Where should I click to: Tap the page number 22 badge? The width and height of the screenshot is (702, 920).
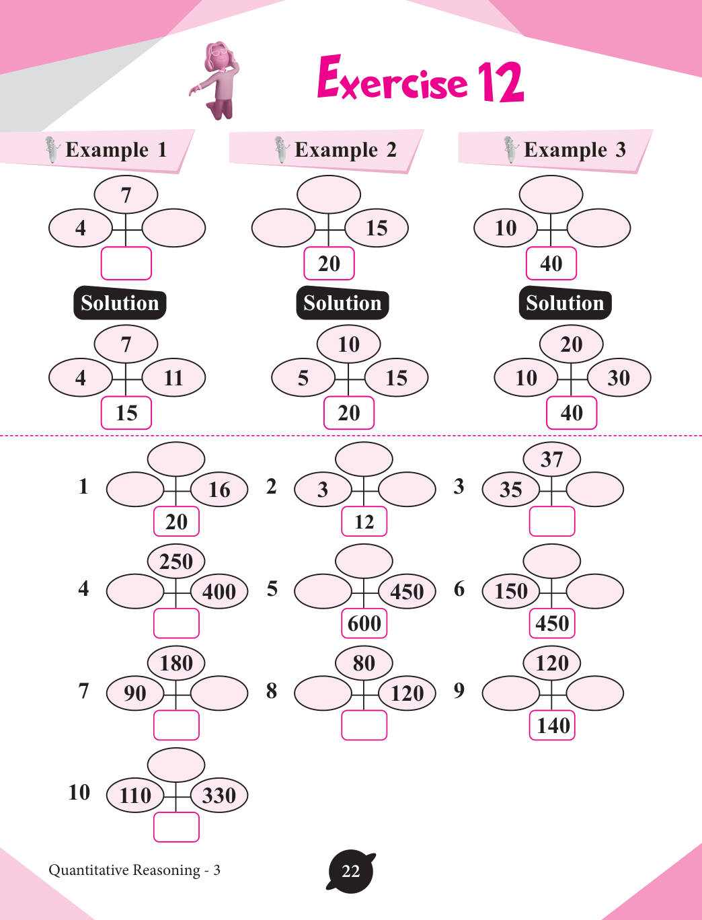[351, 872]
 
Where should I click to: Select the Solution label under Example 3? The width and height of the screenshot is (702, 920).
[565, 303]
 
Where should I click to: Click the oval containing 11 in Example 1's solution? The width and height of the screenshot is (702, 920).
[173, 378]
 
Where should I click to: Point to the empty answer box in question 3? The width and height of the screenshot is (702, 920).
[552, 521]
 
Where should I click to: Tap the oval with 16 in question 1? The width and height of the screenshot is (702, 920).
[219, 490]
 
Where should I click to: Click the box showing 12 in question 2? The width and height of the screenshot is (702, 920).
[364, 521]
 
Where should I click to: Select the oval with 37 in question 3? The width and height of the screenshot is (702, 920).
[552, 459]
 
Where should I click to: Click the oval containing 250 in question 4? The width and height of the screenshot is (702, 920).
[176, 561]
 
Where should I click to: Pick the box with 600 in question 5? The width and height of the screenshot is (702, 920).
[364, 623]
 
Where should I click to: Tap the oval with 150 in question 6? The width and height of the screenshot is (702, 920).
[511, 591]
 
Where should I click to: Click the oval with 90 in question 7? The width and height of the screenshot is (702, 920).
[135, 693]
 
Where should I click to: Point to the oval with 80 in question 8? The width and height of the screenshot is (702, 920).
[364, 663]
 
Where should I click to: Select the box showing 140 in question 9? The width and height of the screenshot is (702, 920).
[553, 726]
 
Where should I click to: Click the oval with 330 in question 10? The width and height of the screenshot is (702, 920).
[219, 796]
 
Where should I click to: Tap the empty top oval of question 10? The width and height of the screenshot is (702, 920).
[176, 765]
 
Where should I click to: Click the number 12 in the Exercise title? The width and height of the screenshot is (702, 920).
[500, 82]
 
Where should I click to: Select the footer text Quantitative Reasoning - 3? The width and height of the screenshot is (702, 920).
[134, 870]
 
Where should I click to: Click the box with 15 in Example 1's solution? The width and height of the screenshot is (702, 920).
[126, 413]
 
